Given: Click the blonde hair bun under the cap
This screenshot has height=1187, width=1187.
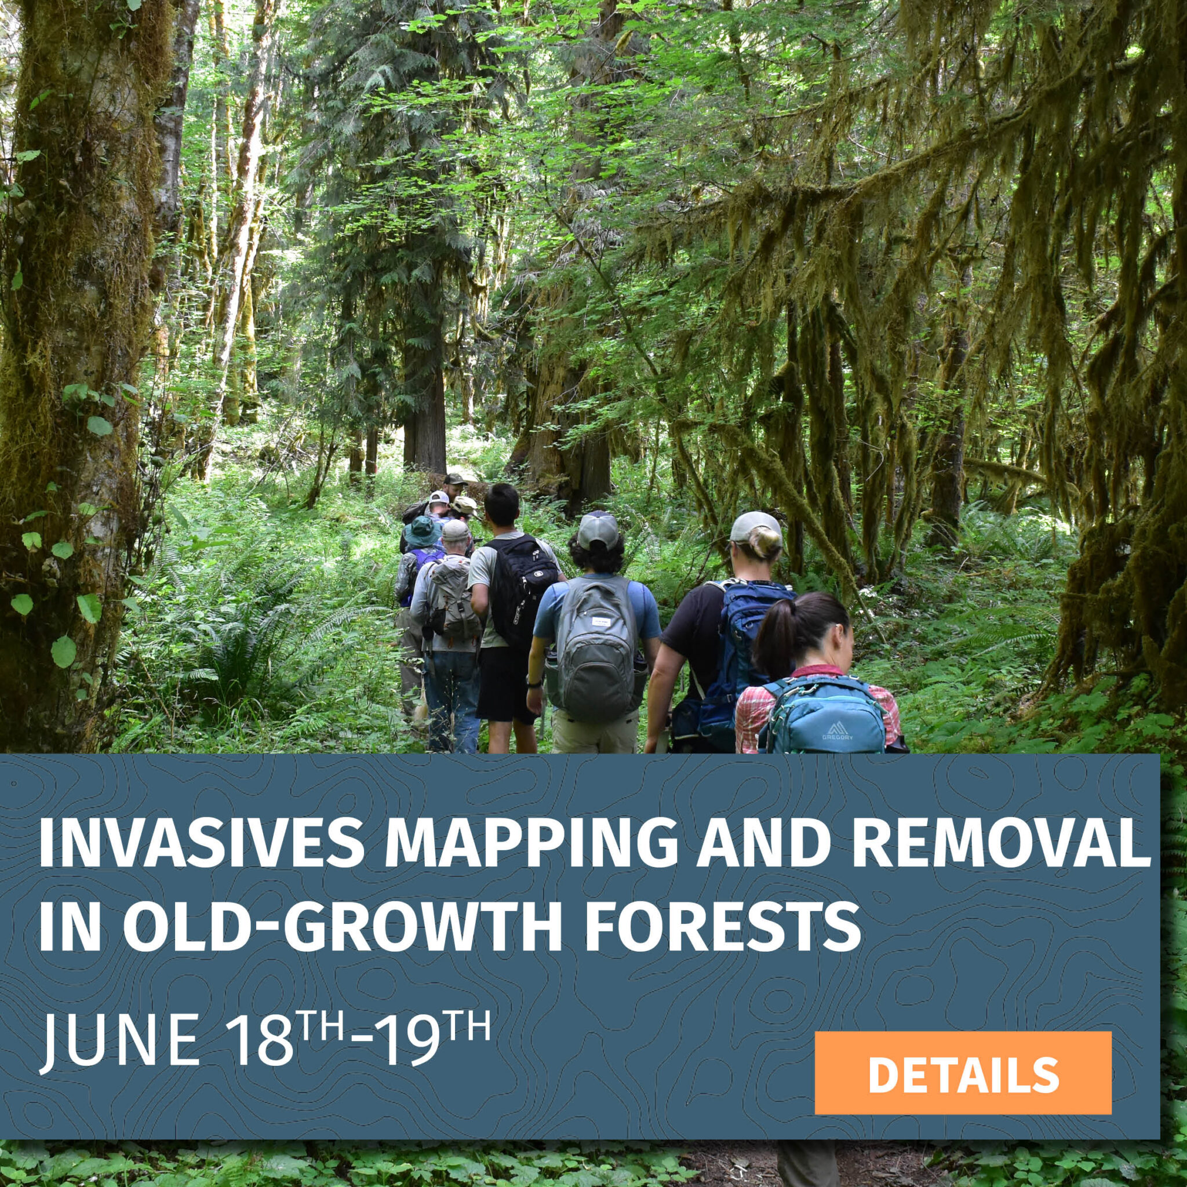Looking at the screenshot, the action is click(765, 541).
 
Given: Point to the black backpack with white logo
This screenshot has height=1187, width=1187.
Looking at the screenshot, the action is click(518, 589).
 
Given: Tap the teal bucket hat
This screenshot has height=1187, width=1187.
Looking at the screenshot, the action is click(422, 530).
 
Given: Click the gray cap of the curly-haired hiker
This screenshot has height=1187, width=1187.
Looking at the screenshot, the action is click(596, 530).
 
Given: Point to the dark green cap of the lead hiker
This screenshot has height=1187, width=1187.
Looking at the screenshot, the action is click(454, 478).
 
